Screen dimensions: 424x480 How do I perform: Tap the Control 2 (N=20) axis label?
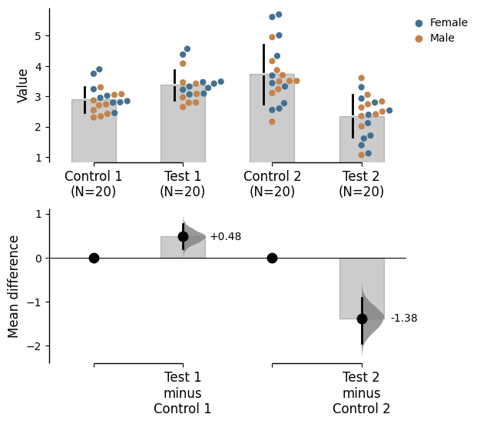pos(272,184)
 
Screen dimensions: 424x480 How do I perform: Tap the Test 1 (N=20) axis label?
pos(183,184)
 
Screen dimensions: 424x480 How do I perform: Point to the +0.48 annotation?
pos(225,237)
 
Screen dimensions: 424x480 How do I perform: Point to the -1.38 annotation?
pos(404,319)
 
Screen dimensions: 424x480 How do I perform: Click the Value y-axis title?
pos(23,85)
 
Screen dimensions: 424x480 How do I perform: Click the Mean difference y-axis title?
pos(15,286)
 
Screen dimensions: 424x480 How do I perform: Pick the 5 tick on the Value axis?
pos(37,35)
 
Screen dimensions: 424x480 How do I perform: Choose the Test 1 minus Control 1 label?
pos(183,393)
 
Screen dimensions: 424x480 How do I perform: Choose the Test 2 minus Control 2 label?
pos(361,393)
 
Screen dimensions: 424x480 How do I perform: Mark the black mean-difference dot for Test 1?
pos(183,236)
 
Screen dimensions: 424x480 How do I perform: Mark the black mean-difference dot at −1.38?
pos(362,319)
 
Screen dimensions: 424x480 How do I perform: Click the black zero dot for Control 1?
pos(94,258)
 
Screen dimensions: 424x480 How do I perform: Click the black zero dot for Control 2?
pos(272,258)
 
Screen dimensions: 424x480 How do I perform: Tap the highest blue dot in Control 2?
pos(279,15)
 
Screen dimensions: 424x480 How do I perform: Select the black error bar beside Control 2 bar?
pos(263,75)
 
